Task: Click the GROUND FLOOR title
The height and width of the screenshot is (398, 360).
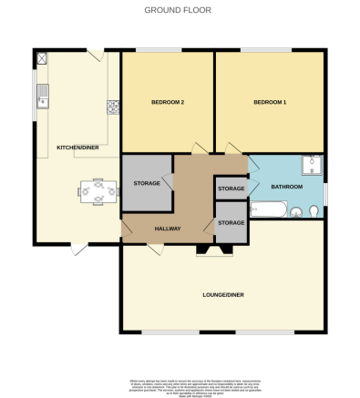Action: coord(179,11)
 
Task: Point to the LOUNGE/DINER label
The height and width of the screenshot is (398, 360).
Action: coord(223,294)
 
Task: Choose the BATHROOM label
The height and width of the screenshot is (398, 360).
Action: coord(287,187)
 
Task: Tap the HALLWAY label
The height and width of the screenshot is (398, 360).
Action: coord(168,228)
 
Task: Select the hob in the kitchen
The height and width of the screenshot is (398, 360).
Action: coord(112,106)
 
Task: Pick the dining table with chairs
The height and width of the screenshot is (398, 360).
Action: coord(98,191)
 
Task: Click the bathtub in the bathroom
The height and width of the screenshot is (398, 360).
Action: coord(269,210)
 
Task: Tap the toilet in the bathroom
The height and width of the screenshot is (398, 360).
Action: coord(313,211)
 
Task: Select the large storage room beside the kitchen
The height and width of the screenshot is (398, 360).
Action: coord(147,183)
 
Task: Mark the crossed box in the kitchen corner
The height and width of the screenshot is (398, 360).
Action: coord(41,56)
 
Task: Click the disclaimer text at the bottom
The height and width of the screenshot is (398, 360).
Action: coord(179,382)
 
